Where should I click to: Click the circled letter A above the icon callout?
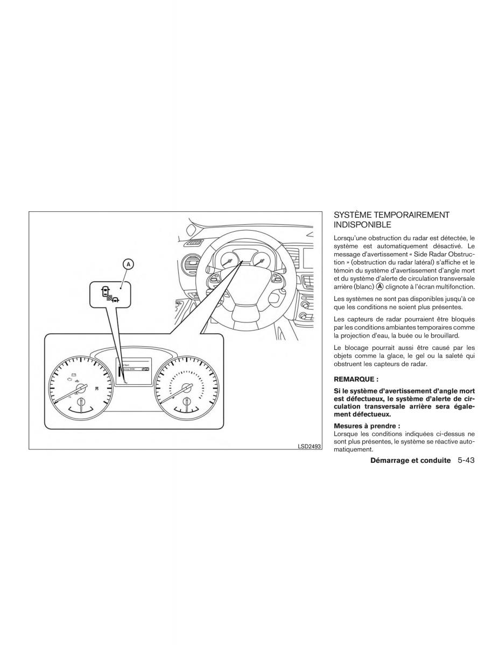click(x=129, y=264)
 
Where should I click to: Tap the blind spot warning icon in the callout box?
click(x=108, y=293)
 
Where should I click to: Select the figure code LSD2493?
click(x=308, y=446)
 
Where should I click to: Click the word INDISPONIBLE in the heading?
click(x=362, y=225)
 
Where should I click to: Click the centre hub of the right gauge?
click(x=186, y=389)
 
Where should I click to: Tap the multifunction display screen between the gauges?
click(x=133, y=371)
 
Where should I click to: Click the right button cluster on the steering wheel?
click(x=278, y=280)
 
